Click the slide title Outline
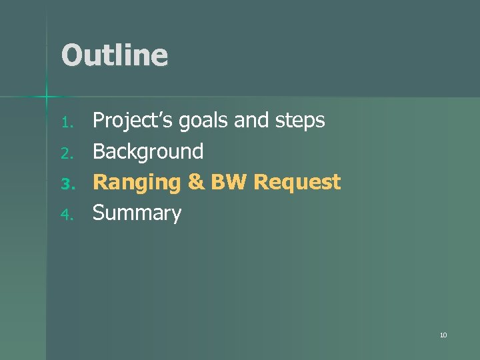[x=114, y=55]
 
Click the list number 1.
[x=65, y=123]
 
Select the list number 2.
[x=65, y=153]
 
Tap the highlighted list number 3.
[x=65, y=184]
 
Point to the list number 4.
[x=65, y=215]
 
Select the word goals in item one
[x=197, y=121]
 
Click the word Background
[x=148, y=152]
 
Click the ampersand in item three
[x=196, y=183]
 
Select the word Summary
[x=137, y=213]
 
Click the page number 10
[x=443, y=335]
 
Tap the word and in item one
[x=249, y=121]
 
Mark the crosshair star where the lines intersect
[x=47, y=97]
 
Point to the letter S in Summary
[x=99, y=213]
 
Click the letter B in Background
[x=99, y=152]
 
